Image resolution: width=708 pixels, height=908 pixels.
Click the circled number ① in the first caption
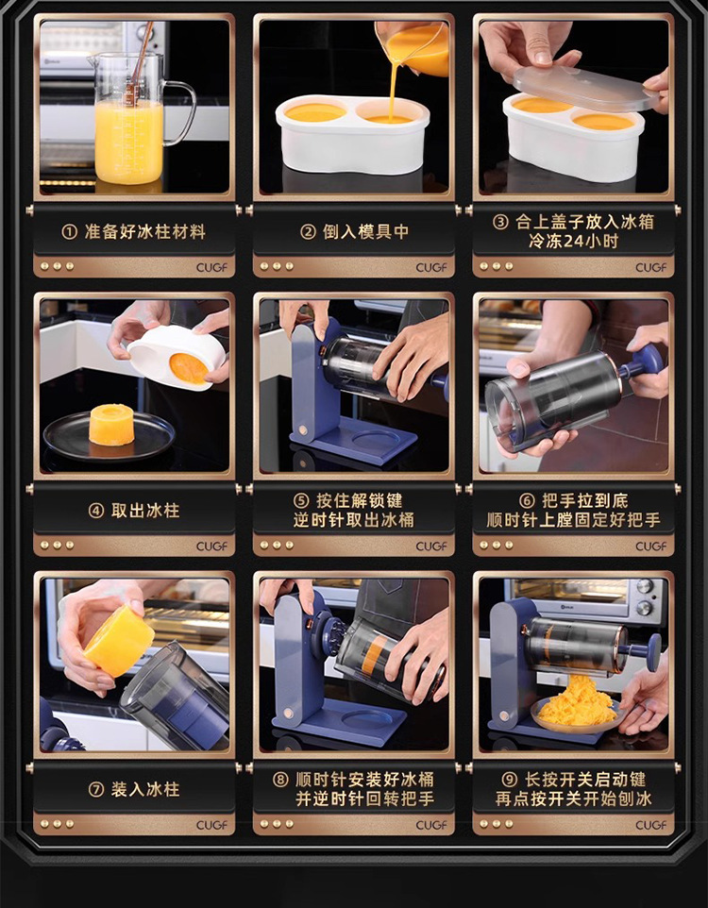point(69,232)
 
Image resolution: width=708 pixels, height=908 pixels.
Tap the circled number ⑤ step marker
point(301,501)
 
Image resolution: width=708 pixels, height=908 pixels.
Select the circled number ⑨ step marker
point(509,780)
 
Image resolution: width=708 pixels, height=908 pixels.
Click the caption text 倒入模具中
point(365,232)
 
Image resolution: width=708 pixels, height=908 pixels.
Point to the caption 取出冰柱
point(145,511)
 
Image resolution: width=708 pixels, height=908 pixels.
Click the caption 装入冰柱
point(145,789)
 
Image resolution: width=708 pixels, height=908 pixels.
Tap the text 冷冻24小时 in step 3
point(574,241)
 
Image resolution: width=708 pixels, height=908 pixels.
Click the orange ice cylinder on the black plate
point(111,425)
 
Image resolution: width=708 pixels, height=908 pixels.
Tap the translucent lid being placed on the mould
point(585,88)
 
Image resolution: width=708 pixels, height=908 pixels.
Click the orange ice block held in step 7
point(119,640)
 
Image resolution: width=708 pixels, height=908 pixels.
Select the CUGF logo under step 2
point(431,267)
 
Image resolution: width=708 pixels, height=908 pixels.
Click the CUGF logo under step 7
point(211,825)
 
